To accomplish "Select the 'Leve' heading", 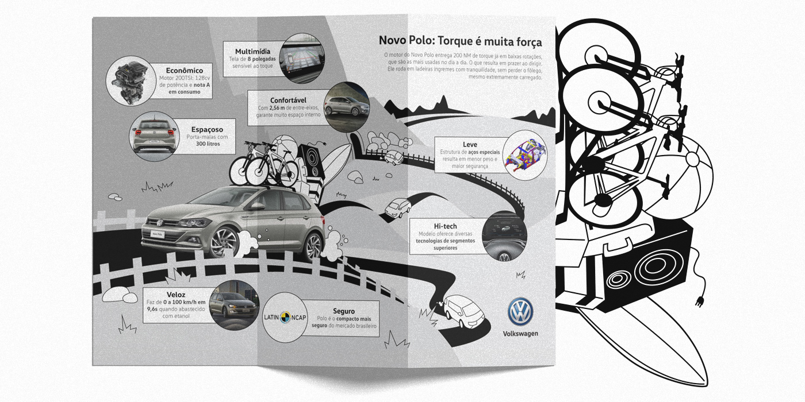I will click(x=470, y=144).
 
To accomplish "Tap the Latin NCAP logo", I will click(x=286, y=316).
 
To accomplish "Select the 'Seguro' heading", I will click(x=343, y=311).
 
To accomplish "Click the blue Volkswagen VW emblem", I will click(x=520, y=312).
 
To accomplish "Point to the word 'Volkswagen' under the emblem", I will click(x=520, y=334).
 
